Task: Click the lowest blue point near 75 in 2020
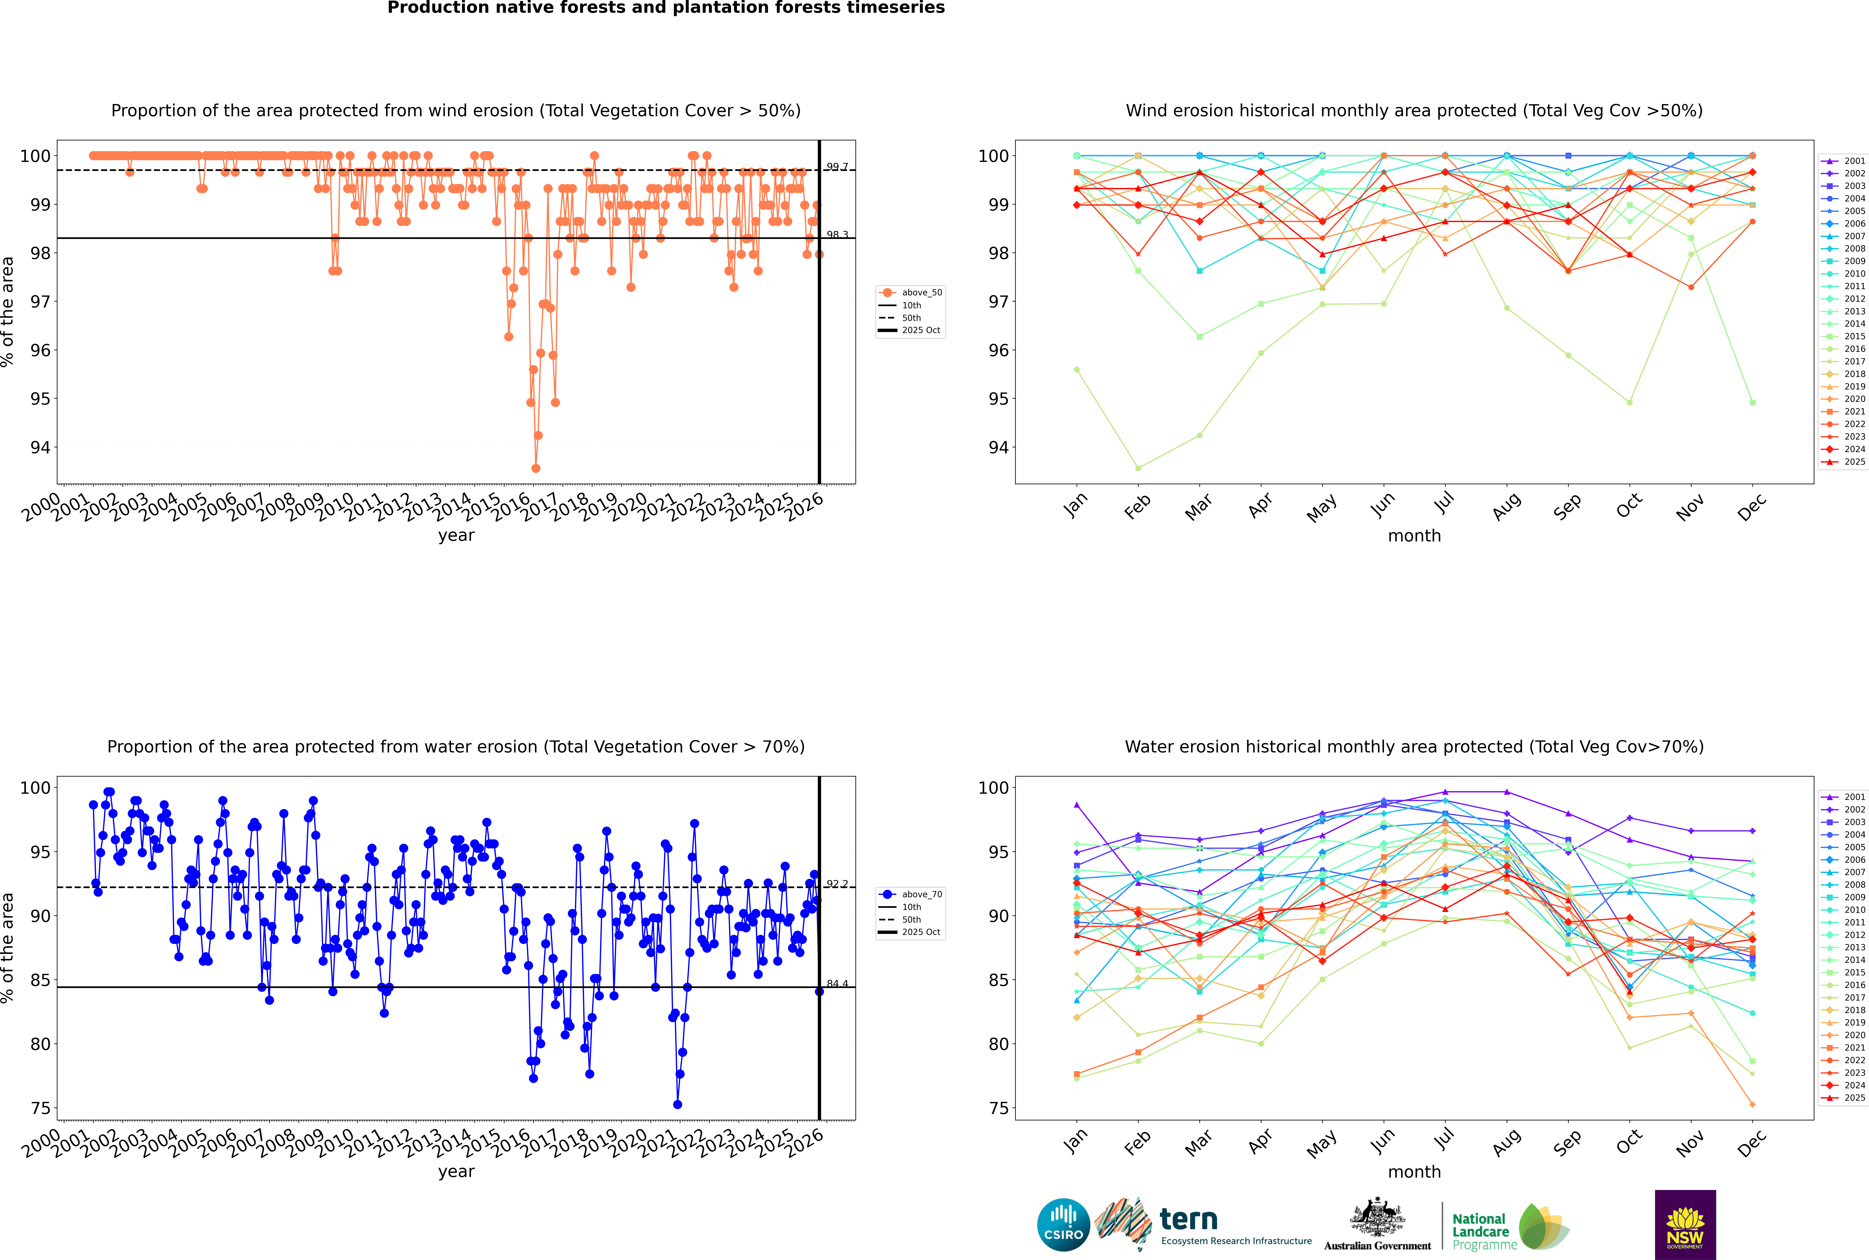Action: [x=677, y=1104]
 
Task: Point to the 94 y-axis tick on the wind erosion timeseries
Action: [x=40, y=448]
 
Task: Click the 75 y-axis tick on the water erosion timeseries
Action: [x=40, y=1108]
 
